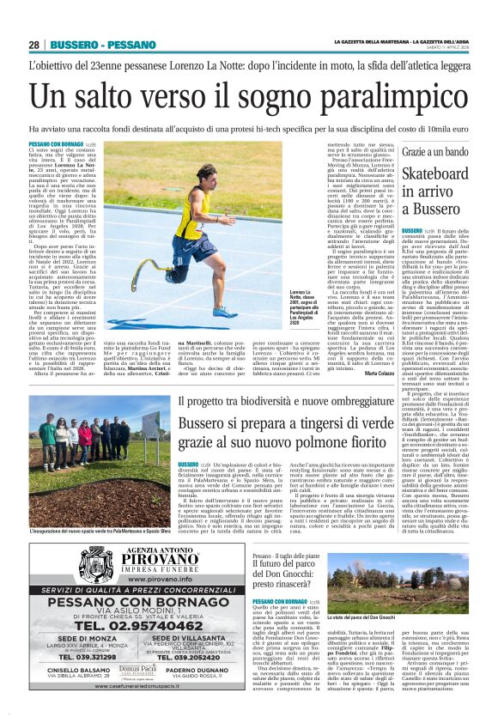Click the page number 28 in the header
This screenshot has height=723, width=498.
click(33, 45)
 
